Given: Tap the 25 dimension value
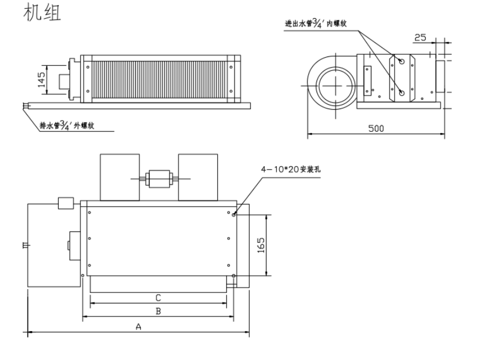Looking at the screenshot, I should (x=420, y=38).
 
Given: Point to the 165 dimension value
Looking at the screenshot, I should (x=261, y=244).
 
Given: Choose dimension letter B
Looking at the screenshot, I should (x=158, y=312).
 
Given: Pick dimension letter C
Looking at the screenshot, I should (x=158, y=297).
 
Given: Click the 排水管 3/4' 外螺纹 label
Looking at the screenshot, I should (x=67, y=126).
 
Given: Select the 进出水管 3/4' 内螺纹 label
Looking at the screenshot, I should (x=318, y=23).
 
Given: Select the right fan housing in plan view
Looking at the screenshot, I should (x=198, y=176).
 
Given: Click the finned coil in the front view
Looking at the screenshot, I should (x=159, y=79).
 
